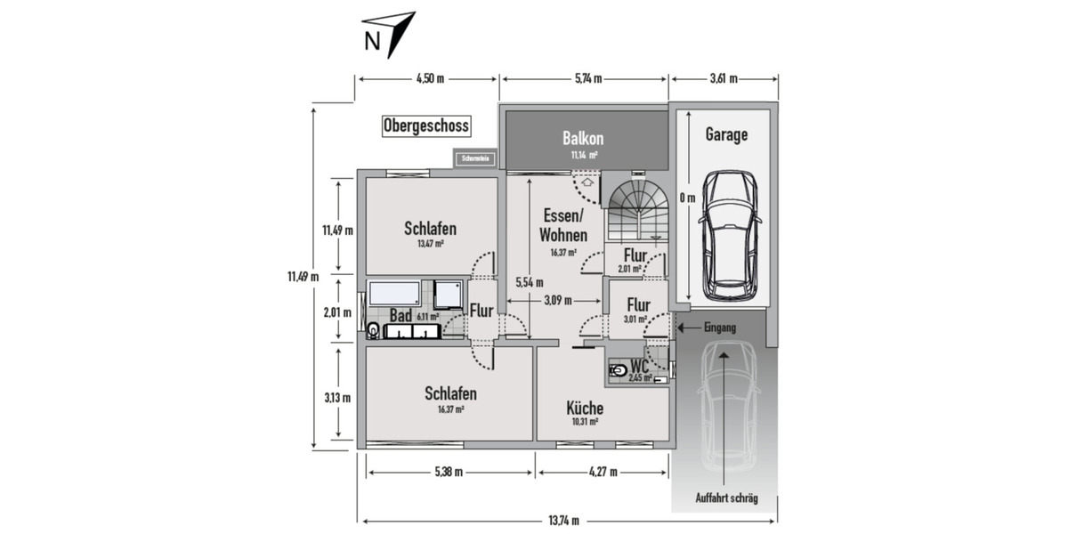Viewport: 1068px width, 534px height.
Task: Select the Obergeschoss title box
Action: pyautogui.click(x=425, y=126)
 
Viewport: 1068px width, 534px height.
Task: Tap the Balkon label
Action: pyautogui.click(x=583, y=139)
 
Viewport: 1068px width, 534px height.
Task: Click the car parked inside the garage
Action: pyautogui.click(x=727, y=235)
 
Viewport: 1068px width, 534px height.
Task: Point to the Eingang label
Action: pyautogui.click(x=719, y=328)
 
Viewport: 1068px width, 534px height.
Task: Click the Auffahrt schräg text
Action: pyautogui.click(x=726, y=498)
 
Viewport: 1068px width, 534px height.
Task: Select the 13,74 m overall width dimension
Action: pyautogui.click(x=563, y=521)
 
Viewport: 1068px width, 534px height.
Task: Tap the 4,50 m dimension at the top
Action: pyautogui.click(x=430, y=78)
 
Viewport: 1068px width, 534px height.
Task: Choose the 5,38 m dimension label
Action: pyautogui.click(x=449, y=473)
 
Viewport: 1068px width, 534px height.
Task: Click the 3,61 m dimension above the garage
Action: pyautogui.click(x=724, y=78)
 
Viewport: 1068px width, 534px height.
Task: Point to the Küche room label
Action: pyautogui.click(x=585, y=409)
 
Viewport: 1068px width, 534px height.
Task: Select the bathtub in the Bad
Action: pyautogui.click(x=397, y=295)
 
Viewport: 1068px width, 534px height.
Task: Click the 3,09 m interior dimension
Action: pyautogui.click(x=557, y=300)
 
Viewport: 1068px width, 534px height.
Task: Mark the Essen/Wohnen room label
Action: pyautogui.click(x=562, y=226)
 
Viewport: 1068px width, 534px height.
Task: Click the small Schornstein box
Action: pyautogui.click(x=475, y=159)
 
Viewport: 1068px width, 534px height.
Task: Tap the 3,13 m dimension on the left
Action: pyautogui.click(x=337, y=397)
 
